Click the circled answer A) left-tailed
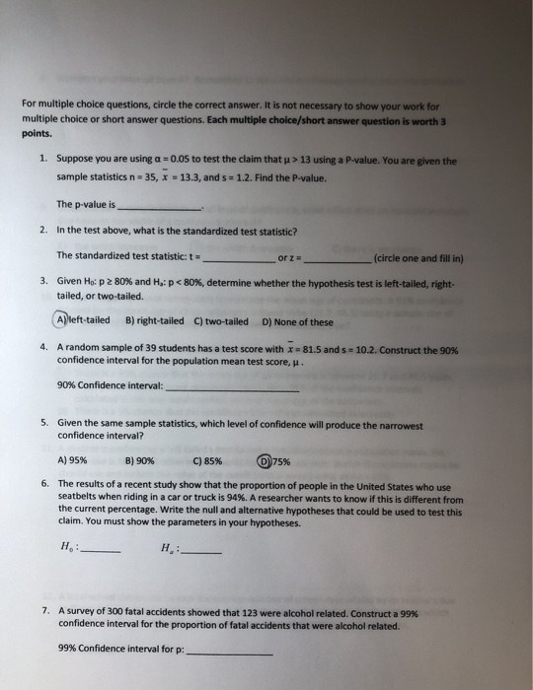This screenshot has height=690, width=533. click(x=84, y=320)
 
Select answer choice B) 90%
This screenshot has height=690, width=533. click(x=140, y=459)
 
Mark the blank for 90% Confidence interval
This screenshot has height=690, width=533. click(x=232, y=388)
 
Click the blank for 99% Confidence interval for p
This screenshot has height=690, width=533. click(x=229, y=652)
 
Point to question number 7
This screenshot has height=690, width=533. click(x=44, y=611)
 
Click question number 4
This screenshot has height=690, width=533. click(x=44, y=349)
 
